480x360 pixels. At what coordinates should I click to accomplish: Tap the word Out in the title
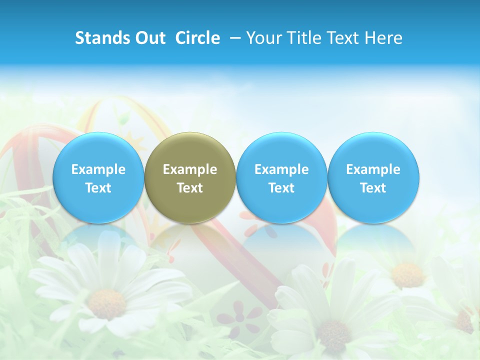click(x=148, y=38)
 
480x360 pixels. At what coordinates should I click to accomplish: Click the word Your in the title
click(x=262, y=38)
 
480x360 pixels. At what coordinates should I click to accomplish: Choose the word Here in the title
click(x=383, y=38)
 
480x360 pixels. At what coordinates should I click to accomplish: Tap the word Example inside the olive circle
click(x=190, y=169)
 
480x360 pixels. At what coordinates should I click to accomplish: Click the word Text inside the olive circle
click(x=190, y=188)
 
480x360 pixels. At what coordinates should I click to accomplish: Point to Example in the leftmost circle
click(x=98, y=169)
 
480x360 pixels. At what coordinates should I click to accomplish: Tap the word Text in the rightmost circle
click(x=373, y=188)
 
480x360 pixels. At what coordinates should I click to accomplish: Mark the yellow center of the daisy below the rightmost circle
click(x=408, y=274)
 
